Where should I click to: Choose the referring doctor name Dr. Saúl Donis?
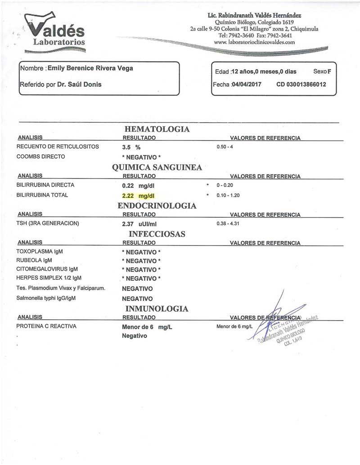79,85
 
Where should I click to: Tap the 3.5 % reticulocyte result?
131,147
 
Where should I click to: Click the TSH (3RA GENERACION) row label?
48,224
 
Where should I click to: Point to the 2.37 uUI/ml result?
139,224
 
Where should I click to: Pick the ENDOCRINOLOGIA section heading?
157,206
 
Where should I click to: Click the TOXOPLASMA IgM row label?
40,251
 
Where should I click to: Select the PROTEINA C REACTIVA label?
46,326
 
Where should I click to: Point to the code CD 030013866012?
301,85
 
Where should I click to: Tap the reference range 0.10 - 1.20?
229,196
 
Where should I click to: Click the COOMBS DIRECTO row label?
41,156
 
